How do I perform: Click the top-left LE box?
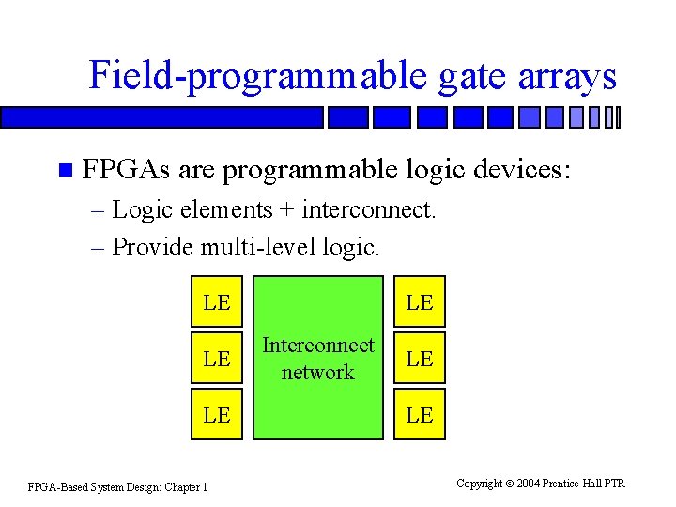[216, 302]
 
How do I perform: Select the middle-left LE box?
[216, 359]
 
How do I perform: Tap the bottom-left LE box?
[216, 414]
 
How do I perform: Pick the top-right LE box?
[420, 302]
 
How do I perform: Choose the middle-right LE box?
[420, 359]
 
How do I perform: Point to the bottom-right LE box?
[420, 414]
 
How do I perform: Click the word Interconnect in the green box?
[318, 346]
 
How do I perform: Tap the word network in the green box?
[318, 372]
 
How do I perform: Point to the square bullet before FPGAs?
[64, 171]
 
